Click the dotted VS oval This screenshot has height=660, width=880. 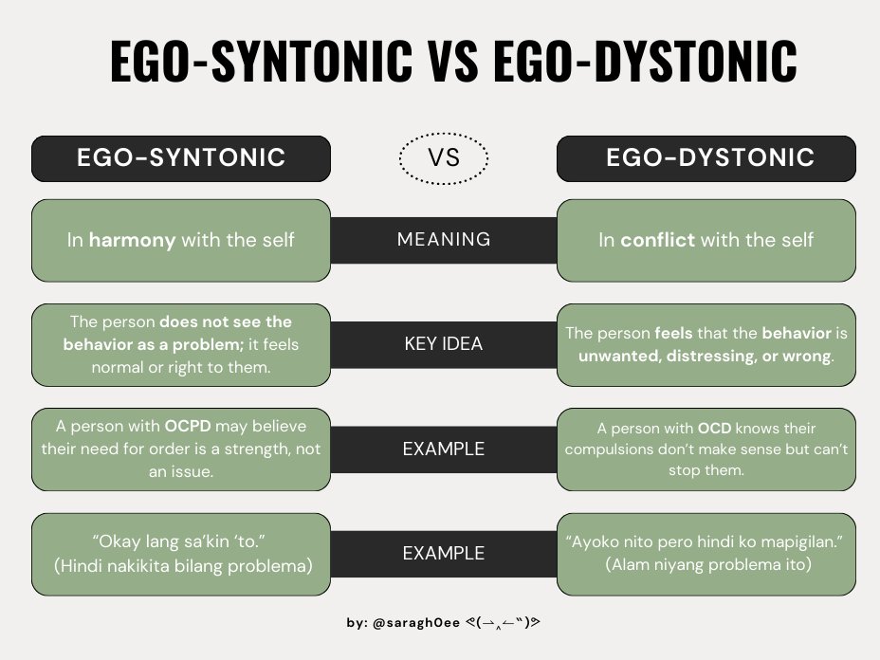pyautogui.click(x=444, y=158)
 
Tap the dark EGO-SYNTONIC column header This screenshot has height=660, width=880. pyautogui.click(x=181, y=158)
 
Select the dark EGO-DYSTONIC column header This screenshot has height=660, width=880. pyautogui.click(x=706, y=158)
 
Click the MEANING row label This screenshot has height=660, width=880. pyautogui.click(x=444, y=240)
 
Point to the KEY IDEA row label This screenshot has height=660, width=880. pyautogui.click(x=444, y=344)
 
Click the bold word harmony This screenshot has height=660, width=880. pyautogui.click(x=132, y=240)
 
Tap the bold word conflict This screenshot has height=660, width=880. pyautogui.click(x=658, y=240)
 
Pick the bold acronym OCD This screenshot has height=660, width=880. pyautogui.click(x=715, y=429)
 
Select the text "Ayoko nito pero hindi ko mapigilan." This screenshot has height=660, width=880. pyautogui.click(x=705, y=541)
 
